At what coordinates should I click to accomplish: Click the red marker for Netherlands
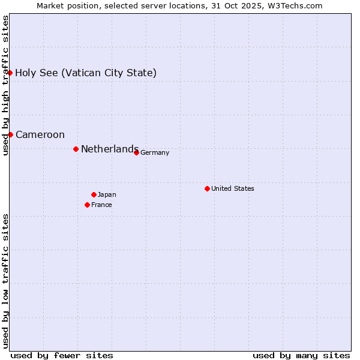(x=76, y=149)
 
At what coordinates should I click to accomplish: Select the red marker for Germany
(x=136, y=152)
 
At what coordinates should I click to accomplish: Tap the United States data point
(x=207, y=188)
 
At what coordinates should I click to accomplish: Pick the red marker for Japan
(x=94, y=194)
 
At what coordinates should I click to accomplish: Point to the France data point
(x=87, y=205)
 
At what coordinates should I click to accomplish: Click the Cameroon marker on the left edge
(x=10, y=134)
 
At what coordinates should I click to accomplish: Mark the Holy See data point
(x=10, y=73)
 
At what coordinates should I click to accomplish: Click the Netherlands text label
(x=110, y=149)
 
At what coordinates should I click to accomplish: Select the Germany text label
(x=155, y=152)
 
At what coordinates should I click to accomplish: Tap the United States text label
(x=233, y=188)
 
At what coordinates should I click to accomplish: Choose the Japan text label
(x=107, y=194)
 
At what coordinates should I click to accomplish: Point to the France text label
(x=101, y=205)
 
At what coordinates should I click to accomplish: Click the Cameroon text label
(x=40, y=134)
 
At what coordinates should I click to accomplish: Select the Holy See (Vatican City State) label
(x=86, y=73)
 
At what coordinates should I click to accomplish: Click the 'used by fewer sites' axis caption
(x=62, y=355)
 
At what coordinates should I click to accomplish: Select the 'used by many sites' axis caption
(x=301, y=355)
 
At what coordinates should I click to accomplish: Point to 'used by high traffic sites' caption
(x=5, y=85)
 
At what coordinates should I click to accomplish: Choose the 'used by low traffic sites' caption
(x=5, y=280)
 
